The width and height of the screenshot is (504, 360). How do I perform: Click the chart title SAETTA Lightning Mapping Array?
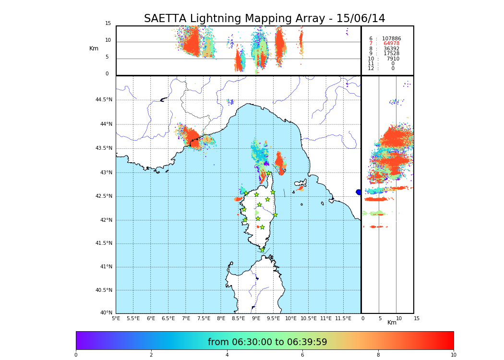click(264, 19)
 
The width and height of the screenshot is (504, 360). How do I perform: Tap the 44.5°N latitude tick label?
click(103, 100)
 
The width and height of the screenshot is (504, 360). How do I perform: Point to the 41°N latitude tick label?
click(106, 267)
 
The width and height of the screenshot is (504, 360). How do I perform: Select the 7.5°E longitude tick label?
click(204, 318)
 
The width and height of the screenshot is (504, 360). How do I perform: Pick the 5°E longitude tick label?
click(116, 318)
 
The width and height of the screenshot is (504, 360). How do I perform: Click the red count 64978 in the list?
click(391, 44)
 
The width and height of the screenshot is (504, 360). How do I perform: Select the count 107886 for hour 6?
click(391, 38)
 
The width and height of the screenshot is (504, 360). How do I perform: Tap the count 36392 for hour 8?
click(391, 48)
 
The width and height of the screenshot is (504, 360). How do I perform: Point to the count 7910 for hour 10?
click(393, 59)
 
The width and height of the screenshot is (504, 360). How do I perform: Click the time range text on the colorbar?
click(267, 342)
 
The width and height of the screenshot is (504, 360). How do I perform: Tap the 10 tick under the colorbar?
click(453, 355)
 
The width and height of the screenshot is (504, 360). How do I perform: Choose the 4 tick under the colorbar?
click(227, 355)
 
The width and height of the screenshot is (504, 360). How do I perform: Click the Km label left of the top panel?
click(94, 48)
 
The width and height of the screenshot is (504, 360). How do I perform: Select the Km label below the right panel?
click(392, 323)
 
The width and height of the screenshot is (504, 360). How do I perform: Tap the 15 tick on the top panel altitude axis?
click(108, 24)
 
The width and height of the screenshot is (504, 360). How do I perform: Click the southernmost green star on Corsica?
click(262, 250)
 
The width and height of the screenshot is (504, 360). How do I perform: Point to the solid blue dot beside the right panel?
click(359, 192)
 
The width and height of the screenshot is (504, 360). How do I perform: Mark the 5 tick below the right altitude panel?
click(380, 318)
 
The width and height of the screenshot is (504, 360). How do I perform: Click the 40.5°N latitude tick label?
click(103, 290)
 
